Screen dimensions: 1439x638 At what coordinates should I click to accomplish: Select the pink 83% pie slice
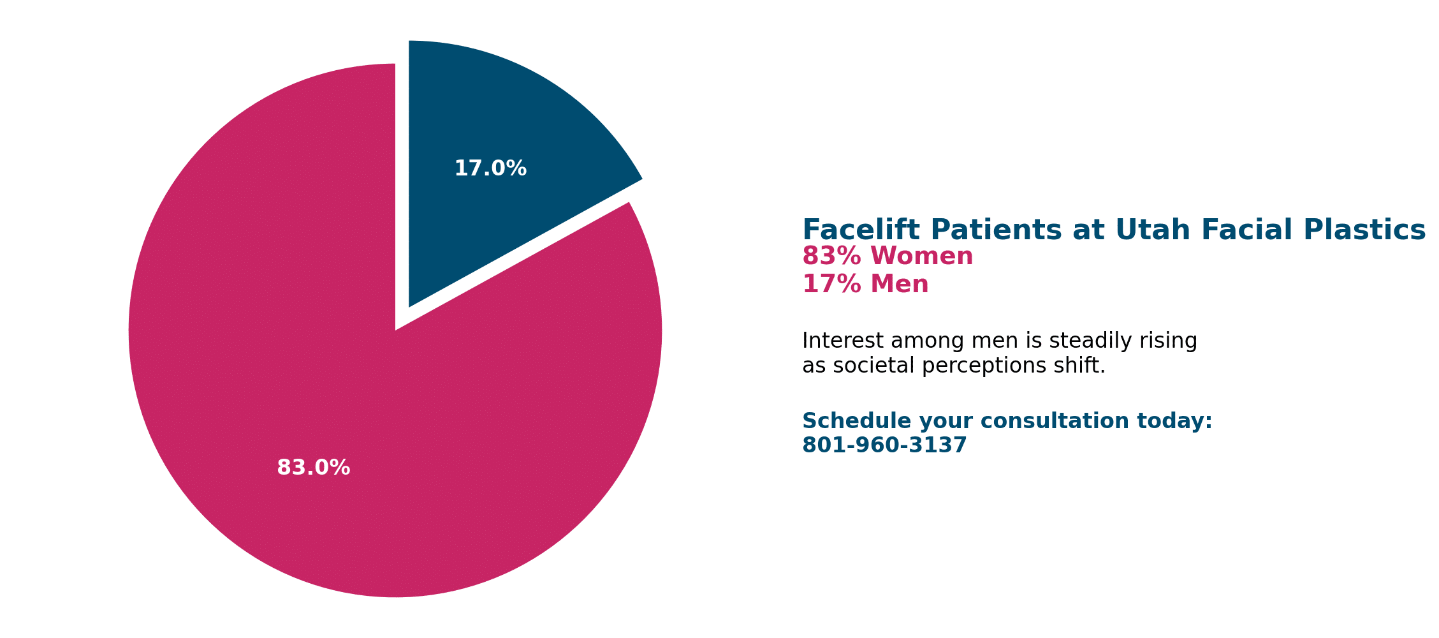coord(357,383)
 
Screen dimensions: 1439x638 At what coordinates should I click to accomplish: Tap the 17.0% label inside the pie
coord(490,169)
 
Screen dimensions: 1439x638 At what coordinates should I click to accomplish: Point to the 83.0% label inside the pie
coord(313,468)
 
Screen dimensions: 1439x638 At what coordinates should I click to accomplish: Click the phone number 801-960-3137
coord(884,445)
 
